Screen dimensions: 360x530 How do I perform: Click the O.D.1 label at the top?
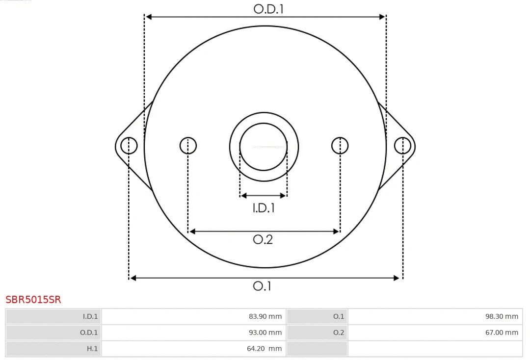click(268, 9)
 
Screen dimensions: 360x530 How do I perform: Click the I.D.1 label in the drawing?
click(264, 208)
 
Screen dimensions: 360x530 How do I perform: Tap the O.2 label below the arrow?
click(263, 239)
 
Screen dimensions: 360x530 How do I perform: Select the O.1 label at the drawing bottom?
click(262, 286)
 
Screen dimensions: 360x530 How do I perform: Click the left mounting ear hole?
click(129, 146)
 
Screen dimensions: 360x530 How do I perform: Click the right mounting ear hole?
click(402, 146)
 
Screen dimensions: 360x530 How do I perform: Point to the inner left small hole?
click(188, 146)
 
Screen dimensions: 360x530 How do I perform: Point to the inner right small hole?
click(340, 146)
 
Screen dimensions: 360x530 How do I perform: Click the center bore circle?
click(264, 146)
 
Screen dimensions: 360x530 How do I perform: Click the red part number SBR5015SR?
click(33, 300)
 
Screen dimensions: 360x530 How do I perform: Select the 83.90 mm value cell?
click(265, 316)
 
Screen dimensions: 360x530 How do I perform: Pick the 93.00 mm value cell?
click(265, 333)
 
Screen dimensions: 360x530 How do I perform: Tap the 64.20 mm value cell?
click(265, 349)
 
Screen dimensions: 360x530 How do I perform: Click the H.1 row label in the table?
click(92, 349)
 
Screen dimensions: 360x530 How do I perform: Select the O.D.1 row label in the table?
click(89, 333)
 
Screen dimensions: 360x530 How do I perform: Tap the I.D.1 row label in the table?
click(90, 316)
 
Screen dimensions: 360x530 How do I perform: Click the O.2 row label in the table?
click(339, 333)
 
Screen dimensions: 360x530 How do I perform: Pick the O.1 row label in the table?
click(339, 316)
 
